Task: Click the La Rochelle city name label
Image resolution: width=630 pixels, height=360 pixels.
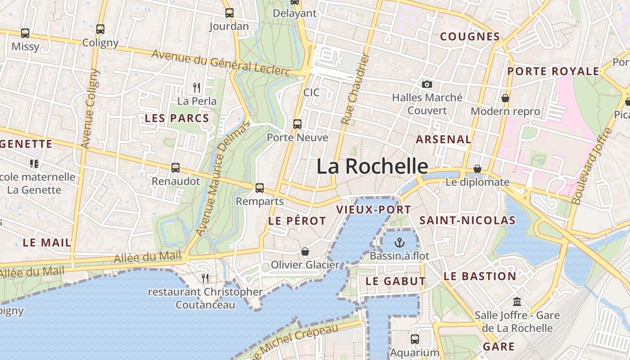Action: click(372, 166)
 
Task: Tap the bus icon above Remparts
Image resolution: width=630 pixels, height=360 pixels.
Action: click(260, 188)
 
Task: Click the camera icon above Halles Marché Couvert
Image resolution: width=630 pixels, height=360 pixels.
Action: click(427, 84)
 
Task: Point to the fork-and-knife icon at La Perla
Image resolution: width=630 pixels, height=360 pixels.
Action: click(197, 87)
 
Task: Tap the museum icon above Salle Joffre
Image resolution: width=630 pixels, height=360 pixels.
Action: click(517, 301)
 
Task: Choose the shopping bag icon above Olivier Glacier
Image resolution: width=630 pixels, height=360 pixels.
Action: click(305, 251)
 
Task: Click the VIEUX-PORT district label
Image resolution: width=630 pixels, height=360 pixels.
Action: click(373, 210)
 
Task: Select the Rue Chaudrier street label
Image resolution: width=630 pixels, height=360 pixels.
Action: click(355, 89)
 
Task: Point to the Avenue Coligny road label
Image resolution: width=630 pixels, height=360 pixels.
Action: click(90, 109)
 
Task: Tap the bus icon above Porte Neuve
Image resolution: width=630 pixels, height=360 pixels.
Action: click(297, 124)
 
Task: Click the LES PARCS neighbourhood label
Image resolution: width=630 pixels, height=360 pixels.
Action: click(177, 118)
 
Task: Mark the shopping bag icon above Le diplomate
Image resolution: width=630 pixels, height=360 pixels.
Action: click(477, 169)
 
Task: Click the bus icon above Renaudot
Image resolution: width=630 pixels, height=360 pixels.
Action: click(175, 168)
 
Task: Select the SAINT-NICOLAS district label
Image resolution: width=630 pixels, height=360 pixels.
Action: click(467, 220)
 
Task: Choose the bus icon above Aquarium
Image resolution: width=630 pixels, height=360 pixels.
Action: click(414, 339)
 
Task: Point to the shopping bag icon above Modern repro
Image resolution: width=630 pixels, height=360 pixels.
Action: click(505, 98)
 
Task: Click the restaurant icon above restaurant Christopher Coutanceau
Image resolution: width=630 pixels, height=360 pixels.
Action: click(205, 279)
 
